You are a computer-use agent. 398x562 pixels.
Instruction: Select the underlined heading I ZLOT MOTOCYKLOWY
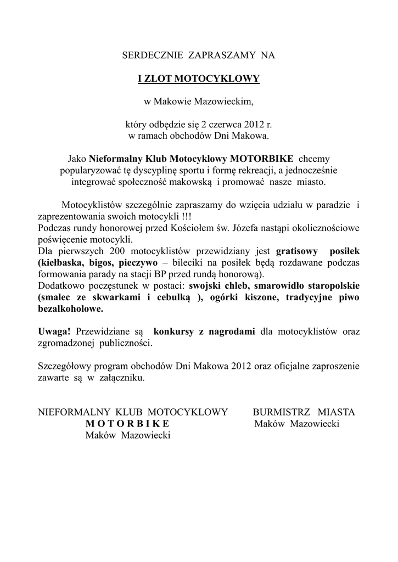coord(199,79)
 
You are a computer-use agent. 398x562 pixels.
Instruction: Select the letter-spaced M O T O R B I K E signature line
coord(127,423)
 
